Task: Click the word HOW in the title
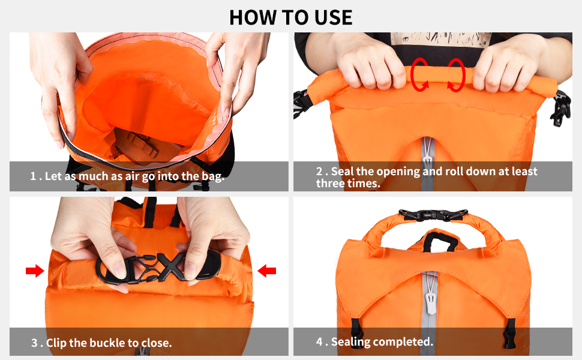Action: click(x=251, y=17)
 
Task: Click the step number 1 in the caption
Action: click(x=34, y=176)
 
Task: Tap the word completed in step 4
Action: click(x=403, y=342)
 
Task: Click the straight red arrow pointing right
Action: click(x=35, y=272)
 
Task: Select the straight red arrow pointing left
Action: click(x=266, y=272)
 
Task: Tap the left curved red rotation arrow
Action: click(x=420, y=75)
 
